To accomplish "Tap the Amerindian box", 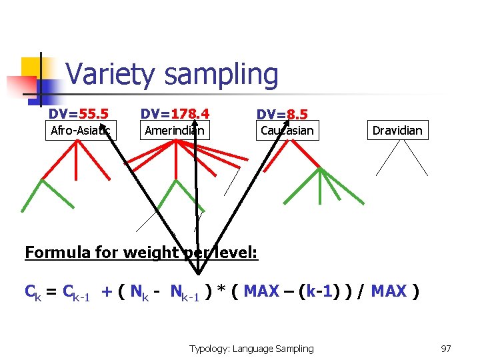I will (x=175, y=130).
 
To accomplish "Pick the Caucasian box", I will (x=287, y=130).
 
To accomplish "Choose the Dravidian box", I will (x=397, y=130).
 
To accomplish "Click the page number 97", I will (x=446, y=348).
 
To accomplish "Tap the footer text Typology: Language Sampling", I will (x=251, y=348).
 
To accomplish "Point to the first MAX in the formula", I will (x=261, y=291).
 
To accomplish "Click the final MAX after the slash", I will (x=389, y=291).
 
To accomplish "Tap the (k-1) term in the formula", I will (x=319, y=291).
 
